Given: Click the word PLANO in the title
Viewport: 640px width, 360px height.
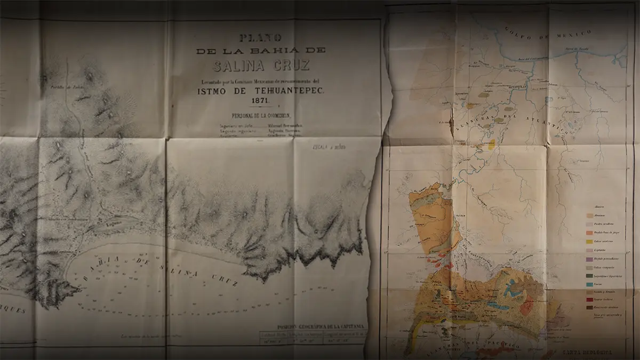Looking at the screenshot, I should (260, 38).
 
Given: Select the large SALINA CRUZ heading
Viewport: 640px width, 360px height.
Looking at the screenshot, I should (260, 66).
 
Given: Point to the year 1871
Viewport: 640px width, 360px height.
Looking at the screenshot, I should (260, 100).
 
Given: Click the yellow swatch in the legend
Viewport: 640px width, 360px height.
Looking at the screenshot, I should (590, 241).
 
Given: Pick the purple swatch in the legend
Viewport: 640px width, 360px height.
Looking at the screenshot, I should (590, 258).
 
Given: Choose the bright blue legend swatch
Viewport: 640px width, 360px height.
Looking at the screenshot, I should (590, 284).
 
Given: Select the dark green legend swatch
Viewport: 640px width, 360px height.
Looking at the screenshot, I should (590, 275).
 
